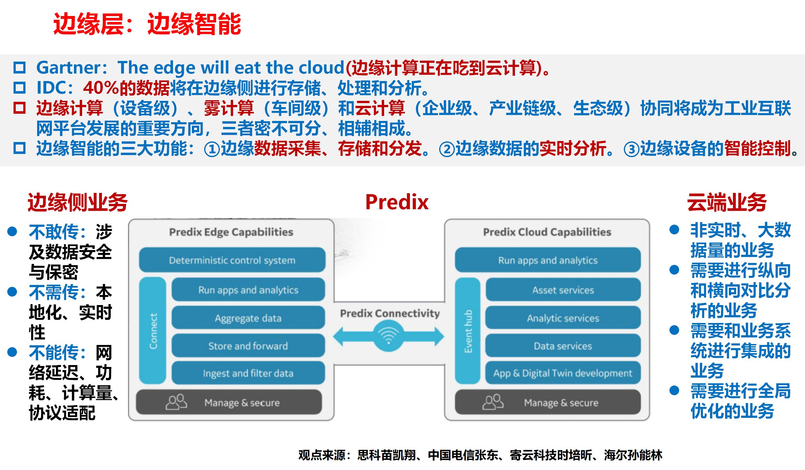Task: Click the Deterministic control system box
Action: [x=232, y=260]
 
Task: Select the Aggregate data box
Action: [x=248, y=318]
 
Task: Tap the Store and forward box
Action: [x=248, y=346]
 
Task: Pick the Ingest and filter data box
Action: [x=248, y=373]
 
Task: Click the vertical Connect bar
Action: [x=153, y=331]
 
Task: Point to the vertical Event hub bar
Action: [x=468, y=331]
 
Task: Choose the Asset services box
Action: [x=563, y=290]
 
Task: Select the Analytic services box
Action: [x=563, y=318]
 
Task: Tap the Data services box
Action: [x=563, y=346]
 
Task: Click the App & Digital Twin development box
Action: [x=563, y=373]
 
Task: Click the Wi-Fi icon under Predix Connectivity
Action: [x=389, y=337]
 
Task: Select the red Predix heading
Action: [x=397, y=202]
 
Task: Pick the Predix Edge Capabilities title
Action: [x=231, y=232]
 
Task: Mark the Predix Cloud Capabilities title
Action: [x=547, y=232]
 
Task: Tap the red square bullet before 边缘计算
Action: [x=20, y=108]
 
